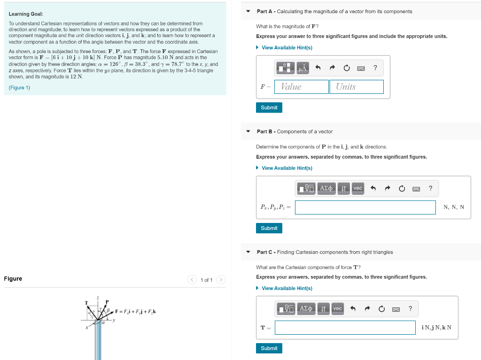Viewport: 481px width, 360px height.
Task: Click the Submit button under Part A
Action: click(269, 107)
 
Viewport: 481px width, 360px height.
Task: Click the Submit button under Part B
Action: click(269, 228)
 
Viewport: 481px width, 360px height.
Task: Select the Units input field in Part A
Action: click(357, 87)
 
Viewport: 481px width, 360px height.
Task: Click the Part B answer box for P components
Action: click(365, 207)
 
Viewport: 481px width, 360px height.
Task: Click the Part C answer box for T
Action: click(345, 328)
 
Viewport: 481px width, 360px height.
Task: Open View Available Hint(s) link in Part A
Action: click(287, 47)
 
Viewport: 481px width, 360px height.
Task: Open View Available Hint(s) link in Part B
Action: click(287, 168)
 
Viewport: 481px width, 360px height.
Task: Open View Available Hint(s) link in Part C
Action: click(287, 288)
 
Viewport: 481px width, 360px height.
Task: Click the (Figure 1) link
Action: click(19, 88)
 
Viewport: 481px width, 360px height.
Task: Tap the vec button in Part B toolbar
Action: click(358, 188)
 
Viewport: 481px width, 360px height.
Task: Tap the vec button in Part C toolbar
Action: click(338, 308)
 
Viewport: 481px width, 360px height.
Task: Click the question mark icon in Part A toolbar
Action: click(375, 68)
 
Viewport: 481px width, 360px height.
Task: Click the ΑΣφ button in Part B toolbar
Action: click(326, 188)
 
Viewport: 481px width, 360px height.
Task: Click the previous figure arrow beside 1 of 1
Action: click(192, 280)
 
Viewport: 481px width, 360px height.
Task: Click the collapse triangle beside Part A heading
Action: click(248, 11)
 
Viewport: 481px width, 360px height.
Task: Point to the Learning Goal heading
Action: click(26, 14)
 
